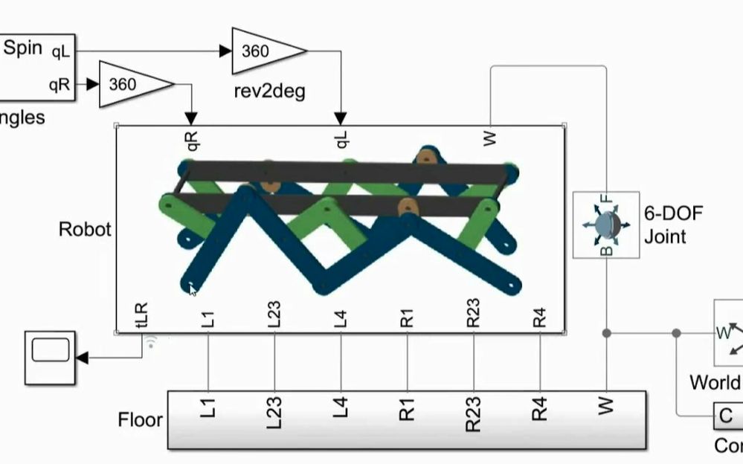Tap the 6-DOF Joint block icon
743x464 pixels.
pos(606,225)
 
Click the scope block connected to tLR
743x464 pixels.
pos(51,357)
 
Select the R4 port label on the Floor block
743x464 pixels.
pos(540,409)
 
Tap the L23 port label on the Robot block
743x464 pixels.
pos(274,315)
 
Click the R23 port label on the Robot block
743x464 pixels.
pos(474,313)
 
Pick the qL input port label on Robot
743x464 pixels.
pos(342,138)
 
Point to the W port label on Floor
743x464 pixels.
pos(607,406)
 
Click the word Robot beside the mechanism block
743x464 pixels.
pos(85,229)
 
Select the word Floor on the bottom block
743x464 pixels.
pos(140,420)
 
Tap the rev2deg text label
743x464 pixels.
pos(269,92)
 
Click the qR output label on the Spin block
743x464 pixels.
pos(59,84)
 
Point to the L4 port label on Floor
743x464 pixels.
pos(341,408)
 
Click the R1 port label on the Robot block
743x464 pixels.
pos(407,316)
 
